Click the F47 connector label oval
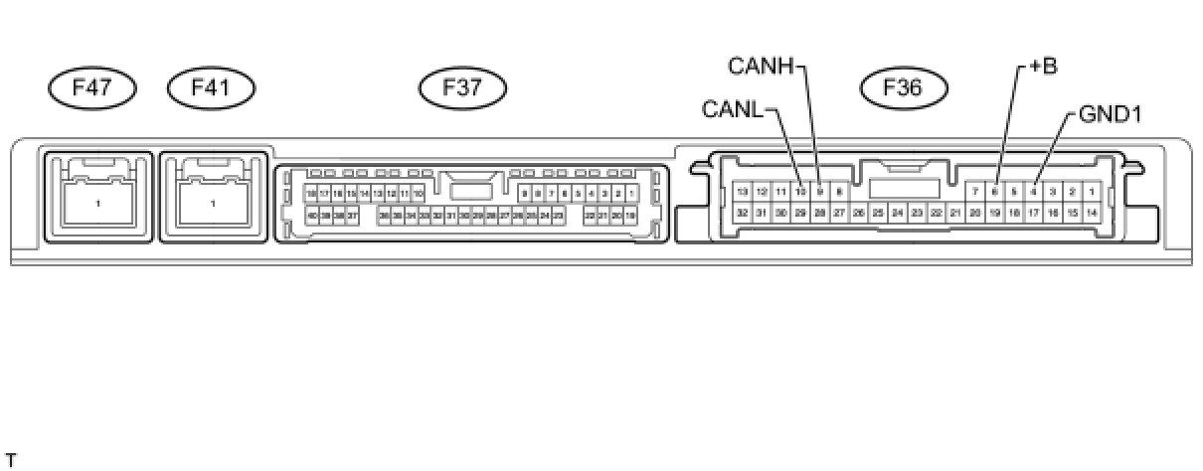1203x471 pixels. click(91, 88)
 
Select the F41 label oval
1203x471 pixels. click(212, 88)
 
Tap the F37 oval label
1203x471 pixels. click(462, 88)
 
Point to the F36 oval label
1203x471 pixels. click(902, 88)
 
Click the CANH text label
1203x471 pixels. click(761, 67)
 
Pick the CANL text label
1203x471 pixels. click(734, 107)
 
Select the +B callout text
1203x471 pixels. click(1042, 67)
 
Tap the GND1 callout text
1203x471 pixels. click(1110, 114)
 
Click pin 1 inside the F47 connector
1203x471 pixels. click(98, 204)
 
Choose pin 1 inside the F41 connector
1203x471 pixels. click(214, 204)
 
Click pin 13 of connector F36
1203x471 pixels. click(742, 191)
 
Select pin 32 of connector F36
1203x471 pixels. click(742, 212)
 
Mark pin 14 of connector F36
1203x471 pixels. click(1091, 212)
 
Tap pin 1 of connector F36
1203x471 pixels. click(1091, 191)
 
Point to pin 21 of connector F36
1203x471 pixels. click(955, 212)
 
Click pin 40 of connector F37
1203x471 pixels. click(312, 215)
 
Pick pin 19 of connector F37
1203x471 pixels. click(630, 215)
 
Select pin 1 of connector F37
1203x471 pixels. click(631, 193)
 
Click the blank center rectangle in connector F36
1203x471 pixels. click(904, 188)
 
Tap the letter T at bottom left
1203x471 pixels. click(11, 459)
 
